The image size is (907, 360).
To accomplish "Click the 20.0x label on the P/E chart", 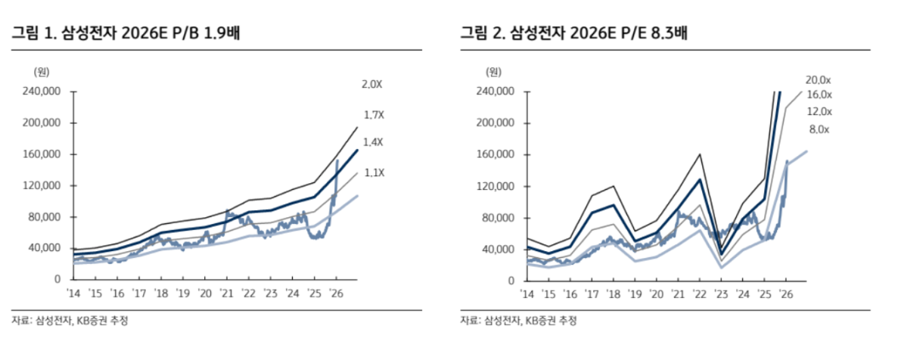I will coord(818,80).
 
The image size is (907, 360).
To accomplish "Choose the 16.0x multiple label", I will coord(818,95).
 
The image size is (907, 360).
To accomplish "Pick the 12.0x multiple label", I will coord(818,112).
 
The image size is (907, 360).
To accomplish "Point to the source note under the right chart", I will coord(518,321).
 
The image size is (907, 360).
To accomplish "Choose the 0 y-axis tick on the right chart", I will coord(511,281).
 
